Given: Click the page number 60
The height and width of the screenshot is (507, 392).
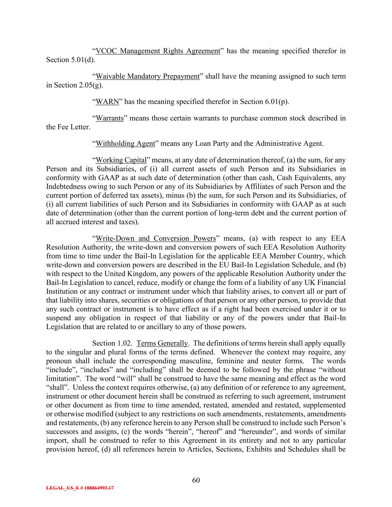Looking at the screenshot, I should pos(196,480).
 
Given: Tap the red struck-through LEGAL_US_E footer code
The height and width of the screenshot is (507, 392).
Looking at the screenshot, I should pos(80,488).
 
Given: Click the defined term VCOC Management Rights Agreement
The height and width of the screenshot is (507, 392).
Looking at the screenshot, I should pos(158,51).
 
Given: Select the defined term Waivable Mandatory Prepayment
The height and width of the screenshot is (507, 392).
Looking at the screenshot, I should pos(148,77).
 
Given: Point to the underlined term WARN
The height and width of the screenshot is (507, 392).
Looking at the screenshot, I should pos(107,102).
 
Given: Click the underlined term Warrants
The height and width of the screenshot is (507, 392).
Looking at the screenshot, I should pos(109,118).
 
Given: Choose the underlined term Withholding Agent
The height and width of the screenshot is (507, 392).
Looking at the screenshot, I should pos(125,143).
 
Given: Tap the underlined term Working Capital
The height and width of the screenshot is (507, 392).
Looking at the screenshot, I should pos(121,160).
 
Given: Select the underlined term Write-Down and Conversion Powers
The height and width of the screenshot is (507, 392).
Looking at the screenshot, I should pos(156,238).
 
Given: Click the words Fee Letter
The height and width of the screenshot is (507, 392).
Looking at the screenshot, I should pos(72,127).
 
